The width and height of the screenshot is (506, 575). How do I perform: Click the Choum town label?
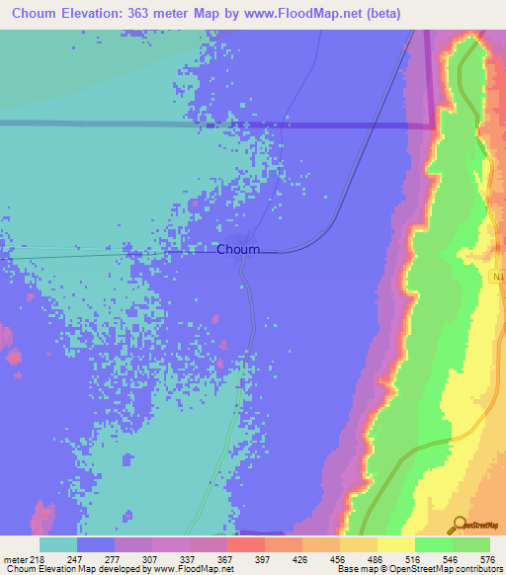[x=238, y=250]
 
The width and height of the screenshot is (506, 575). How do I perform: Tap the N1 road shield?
[x=496, y=280]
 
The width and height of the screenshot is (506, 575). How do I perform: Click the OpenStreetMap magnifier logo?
[x=460, y=525]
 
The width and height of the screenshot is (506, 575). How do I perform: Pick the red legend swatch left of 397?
[x=246, y=544]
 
